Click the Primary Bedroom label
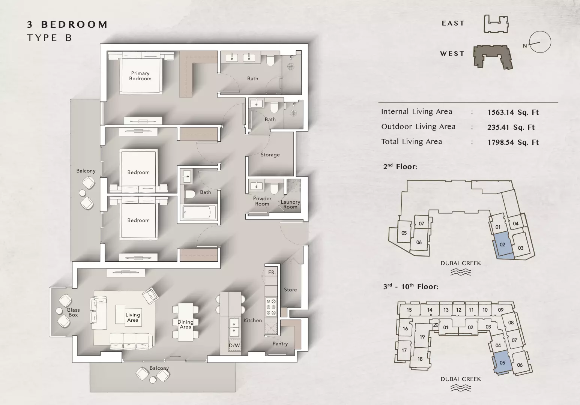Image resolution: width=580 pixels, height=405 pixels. point(140,76)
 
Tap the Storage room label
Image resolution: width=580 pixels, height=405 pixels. point(270,155)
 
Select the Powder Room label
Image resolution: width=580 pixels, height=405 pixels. point(262,201)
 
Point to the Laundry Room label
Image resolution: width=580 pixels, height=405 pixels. point(290,204)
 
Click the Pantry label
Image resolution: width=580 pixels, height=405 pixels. point(280,343)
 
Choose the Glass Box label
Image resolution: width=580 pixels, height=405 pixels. point(73,312)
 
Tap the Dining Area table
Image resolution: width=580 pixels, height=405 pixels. point(185,322)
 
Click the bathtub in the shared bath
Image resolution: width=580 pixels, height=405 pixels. point(198,213)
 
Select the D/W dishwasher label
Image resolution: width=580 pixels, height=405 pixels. point(234,345)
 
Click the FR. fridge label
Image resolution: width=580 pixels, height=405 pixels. point(272,272)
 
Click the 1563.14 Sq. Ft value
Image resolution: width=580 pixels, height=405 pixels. point(513,112)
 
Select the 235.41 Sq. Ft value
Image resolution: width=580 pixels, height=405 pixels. point(511,127)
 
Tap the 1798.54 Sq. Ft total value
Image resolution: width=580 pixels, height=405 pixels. point(513,142)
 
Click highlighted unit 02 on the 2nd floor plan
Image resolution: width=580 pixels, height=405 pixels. point(502,244)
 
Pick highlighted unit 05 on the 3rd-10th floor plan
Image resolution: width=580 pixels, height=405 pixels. point(502,363)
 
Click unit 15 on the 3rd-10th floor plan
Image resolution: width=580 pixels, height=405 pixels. point(409,310)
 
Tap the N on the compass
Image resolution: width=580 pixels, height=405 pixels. point(525,46)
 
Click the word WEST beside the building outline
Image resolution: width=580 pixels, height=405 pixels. point(452,54)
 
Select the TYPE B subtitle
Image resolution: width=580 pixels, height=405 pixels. point(49,38)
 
